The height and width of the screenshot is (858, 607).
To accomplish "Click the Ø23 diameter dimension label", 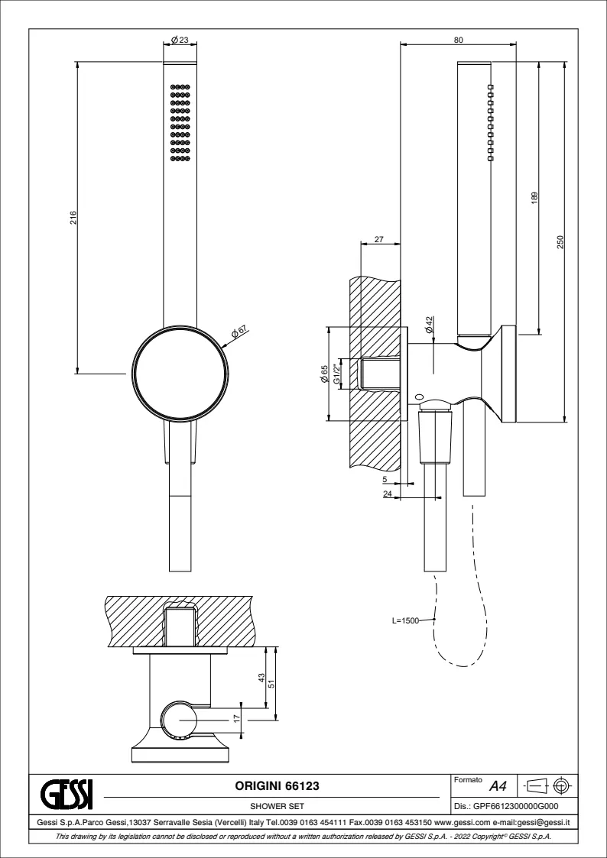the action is pyautogui.click(x=180, y=40).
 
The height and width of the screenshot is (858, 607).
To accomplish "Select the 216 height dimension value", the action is pyautogui.click(x=73, y=217).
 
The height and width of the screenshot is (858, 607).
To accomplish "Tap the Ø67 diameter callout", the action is pyautogui.click(x=239, y=332).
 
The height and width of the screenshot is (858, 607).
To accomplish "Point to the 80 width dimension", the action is pyautogui.click(x=459, y=40).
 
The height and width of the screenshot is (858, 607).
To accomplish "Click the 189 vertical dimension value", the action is pyautogui.click(x=534, y=198).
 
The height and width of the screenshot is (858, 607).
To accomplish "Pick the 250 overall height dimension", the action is pyautogui.click(x=560, y=242).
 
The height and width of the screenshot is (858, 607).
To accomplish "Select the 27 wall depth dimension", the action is pyautogui.click(x=378, y=239).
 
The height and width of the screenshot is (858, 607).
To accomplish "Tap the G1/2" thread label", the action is pyautogui.click(x=337, y=374).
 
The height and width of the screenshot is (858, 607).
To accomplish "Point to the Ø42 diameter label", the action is pyautogui.click(x=430, y=325).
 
